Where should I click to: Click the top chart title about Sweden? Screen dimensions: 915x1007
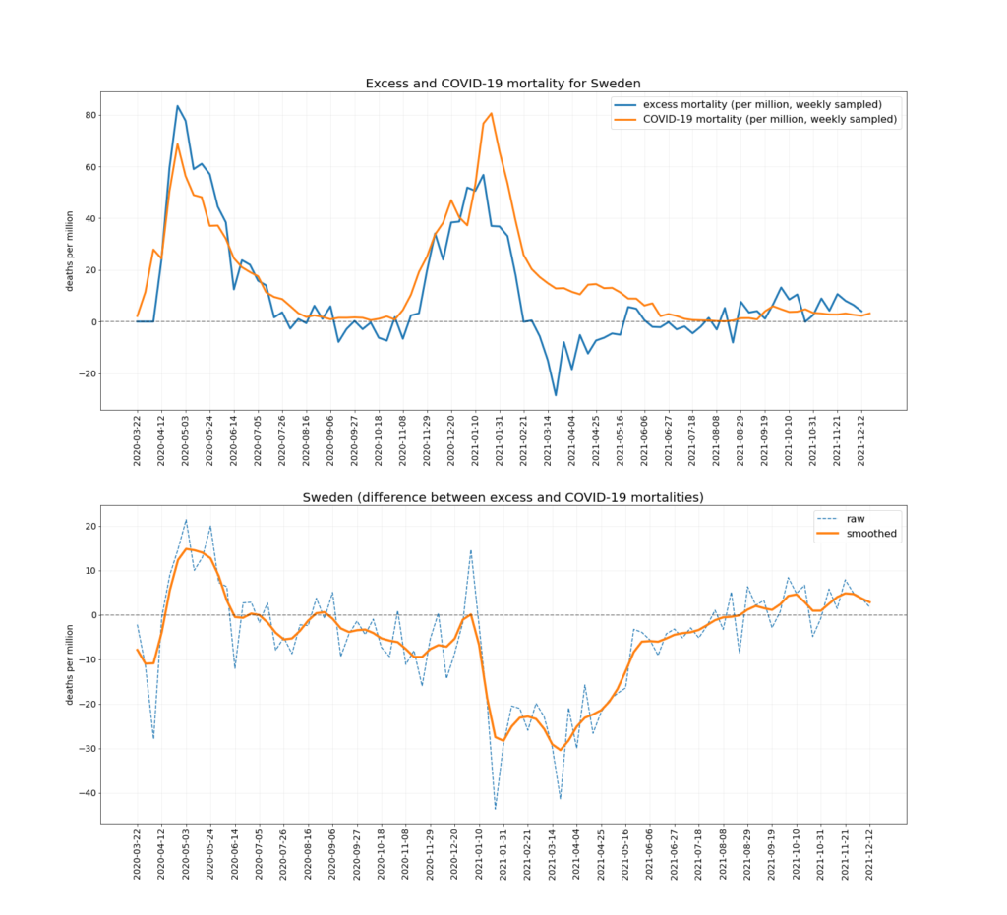[x=503, y=84]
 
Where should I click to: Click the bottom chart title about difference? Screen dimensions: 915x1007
[x=503, y=497]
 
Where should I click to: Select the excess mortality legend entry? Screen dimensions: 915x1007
[x=761, y=103]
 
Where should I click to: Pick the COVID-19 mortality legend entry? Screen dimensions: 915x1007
[x=761, y=119]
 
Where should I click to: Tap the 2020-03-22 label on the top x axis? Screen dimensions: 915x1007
[x=138, y=447]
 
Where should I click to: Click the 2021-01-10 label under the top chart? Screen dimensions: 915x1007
[x=476, y=447]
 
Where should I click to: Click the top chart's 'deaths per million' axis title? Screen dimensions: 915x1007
[x=68, y=251]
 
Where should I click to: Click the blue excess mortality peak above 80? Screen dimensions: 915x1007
[x=178, y=106]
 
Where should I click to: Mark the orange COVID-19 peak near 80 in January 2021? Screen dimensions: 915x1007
[x=492, y=113]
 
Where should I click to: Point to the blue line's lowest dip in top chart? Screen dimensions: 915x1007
[x=556, y=395]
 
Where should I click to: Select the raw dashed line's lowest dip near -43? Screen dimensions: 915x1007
[x=496, y=808]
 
